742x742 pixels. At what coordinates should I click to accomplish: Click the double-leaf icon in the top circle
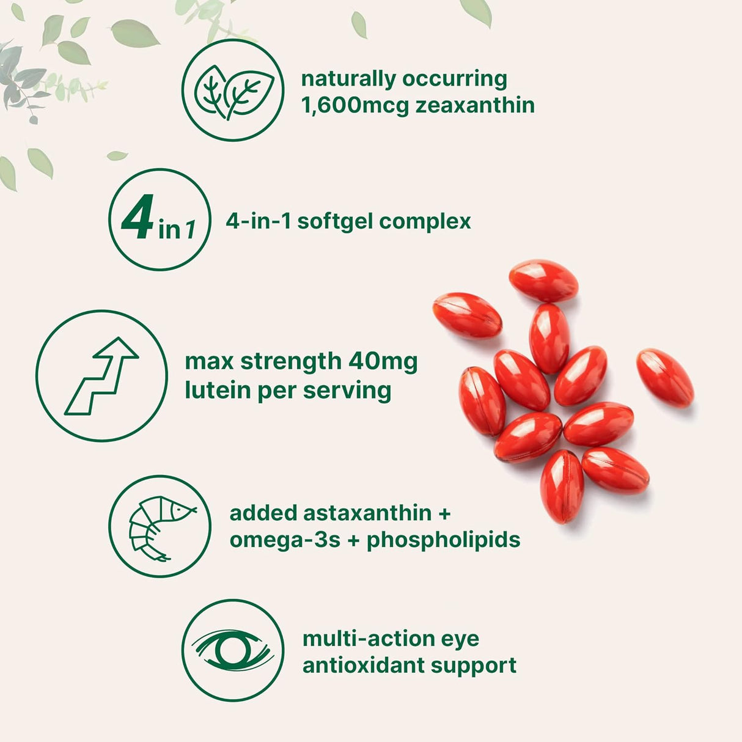[x=233, y=91]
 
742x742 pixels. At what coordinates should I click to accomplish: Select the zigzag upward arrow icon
[x=101, y=376]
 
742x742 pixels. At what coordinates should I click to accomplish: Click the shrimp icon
[x=160, y=527]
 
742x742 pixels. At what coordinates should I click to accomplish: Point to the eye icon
[x=233, y=650]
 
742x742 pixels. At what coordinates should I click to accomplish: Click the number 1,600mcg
[x=354, y=106]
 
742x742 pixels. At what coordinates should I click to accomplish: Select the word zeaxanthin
[x=475, y=106]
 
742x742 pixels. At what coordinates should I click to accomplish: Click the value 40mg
[x=383, y=361]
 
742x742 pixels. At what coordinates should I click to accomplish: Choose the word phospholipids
[x=443, y=540]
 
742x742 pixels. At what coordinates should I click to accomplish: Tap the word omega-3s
[x=285, y=540]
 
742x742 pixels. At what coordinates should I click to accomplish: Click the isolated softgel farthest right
[x=665, y=377]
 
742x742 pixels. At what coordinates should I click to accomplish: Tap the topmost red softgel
[x=543, y=281]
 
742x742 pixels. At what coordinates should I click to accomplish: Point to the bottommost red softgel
[x=562, y=486]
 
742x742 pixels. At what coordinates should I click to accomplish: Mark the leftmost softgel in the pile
[x=467, y=315]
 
